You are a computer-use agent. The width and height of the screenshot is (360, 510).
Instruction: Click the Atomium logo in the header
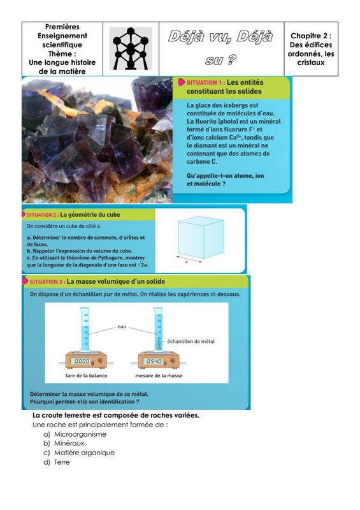point(131,48)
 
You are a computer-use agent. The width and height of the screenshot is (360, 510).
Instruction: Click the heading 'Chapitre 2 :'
point(311,36)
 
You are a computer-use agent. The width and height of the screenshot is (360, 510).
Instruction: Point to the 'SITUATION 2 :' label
point(43,215)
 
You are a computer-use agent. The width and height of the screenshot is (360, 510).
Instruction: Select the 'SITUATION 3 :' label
point(47,282)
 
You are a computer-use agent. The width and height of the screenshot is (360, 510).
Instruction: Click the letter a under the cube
point(186,262)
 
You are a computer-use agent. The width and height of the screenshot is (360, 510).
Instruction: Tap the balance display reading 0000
point(82,361)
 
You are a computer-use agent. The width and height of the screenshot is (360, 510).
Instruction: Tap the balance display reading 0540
point(154,361)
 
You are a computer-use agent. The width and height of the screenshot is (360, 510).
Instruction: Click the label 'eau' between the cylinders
point(122,326)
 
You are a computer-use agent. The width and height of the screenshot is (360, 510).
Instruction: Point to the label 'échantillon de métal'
point(191,341)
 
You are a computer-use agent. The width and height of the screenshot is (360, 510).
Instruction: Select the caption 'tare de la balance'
point(86,375)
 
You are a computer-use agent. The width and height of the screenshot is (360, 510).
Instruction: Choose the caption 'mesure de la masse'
point(159,375)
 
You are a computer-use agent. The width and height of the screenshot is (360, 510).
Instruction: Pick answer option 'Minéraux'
point(69,443)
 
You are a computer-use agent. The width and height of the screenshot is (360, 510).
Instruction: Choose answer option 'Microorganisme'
point(80,434)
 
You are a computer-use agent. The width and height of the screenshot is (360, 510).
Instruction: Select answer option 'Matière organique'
point(84,453)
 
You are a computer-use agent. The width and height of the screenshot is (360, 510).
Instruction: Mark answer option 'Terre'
point(62,462)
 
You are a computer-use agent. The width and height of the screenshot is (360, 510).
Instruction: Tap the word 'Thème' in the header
point(62,54)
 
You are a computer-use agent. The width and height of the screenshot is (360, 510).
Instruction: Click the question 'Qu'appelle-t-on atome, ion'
point(225,176)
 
